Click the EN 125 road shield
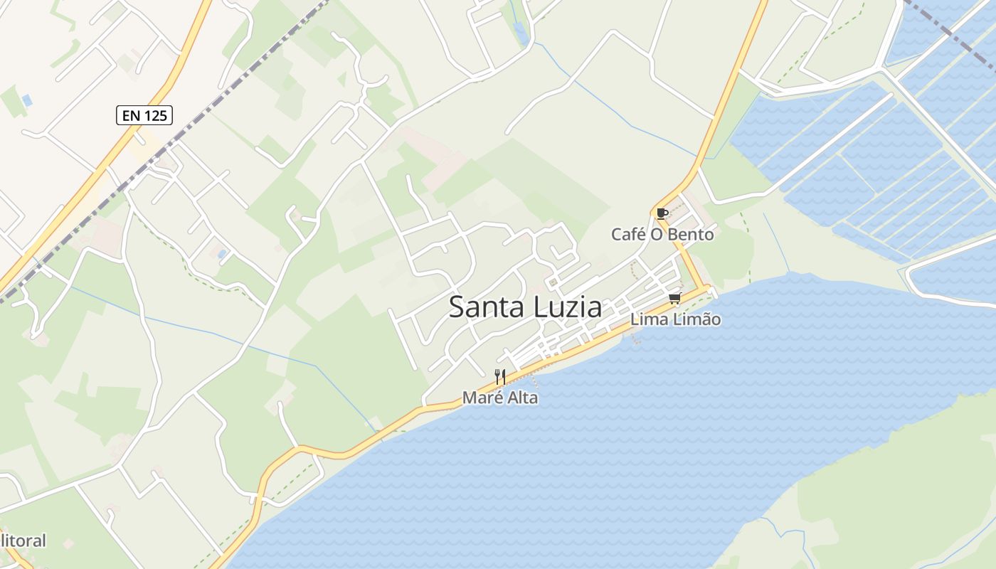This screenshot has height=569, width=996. coord(144,115)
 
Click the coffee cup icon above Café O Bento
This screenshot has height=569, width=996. coord(662,213)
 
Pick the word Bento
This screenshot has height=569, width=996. coord(691,235)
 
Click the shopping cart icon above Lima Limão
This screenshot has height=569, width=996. coord(674,298)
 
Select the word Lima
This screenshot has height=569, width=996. coord(647,319)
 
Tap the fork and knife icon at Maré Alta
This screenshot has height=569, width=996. coord(500,377)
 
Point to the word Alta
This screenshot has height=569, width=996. coord(522,398)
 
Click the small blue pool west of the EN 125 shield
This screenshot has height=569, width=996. coord(27,100)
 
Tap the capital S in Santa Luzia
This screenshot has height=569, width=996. coord(457,307)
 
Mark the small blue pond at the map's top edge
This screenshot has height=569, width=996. coord(522,33)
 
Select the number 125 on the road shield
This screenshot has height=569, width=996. coord(156,115)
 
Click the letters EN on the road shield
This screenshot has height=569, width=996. coord(129,115)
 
